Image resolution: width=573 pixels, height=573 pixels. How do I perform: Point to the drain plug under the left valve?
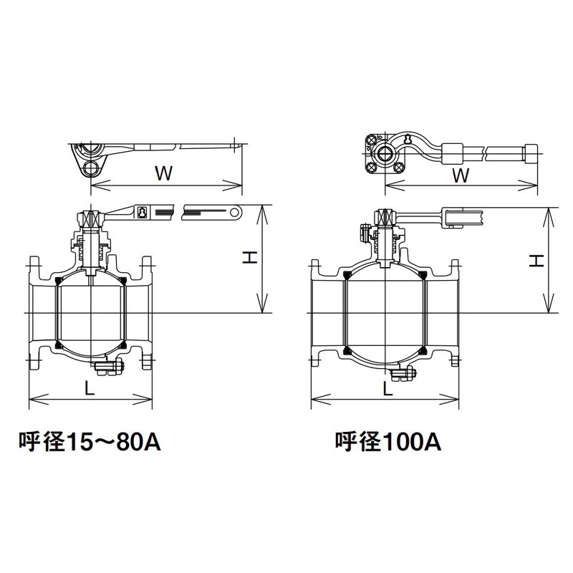[111, 370]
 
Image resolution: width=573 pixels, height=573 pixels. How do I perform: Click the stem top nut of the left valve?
[92, 216]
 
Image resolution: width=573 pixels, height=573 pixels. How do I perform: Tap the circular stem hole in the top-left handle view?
[91, 168]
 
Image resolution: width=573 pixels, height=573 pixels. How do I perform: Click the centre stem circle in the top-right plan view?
[385, 153]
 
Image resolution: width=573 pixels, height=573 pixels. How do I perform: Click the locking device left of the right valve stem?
[365, 233]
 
